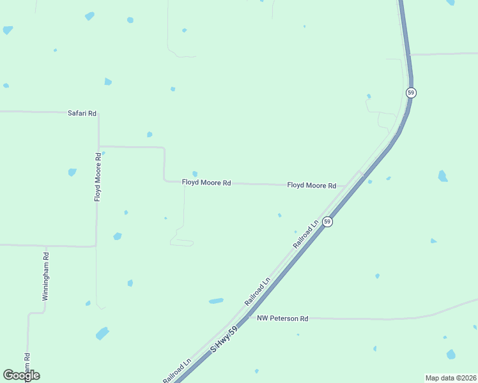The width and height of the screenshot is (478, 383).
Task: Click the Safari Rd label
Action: (x=82, y=113)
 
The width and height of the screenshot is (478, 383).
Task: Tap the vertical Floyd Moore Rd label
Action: (x=98, y=177)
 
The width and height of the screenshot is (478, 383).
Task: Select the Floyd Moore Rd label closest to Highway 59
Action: (x=311, y=185)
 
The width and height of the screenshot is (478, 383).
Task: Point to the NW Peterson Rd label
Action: (x=282, y=318)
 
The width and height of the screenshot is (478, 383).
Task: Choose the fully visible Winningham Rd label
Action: (x=45, y=276)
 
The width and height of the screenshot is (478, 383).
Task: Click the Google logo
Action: (x=21, y=375)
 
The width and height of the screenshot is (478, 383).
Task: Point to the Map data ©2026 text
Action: (x=451, y=378)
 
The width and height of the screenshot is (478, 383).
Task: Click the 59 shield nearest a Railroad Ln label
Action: (x=327, y=222)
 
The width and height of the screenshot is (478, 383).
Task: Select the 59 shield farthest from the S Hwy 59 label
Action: (x=411, y=93)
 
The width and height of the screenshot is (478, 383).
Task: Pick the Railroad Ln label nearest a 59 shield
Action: (x=305, y=234)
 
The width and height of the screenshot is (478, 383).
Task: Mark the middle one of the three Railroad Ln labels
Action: (x=258, y=290)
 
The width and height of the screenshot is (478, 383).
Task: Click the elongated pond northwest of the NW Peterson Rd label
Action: (x=216, y=301)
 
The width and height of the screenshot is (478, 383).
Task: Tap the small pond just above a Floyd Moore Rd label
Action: (x=195, y=174)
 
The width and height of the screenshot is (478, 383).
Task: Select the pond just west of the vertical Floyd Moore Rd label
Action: (x=72, y=172)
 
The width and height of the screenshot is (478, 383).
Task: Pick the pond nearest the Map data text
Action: (x=451, y=354)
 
